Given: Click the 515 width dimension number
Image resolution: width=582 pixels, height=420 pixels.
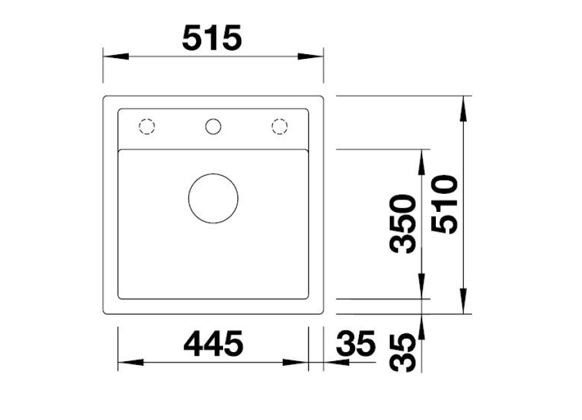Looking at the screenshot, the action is [212, 38].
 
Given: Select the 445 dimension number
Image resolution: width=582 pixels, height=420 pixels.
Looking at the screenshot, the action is [213, 343].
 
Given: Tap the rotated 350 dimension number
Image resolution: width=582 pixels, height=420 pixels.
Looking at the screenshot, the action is [402, 224].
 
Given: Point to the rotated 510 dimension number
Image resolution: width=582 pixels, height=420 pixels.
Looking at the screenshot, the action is [445, 204].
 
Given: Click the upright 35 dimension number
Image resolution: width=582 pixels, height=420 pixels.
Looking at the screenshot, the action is [356, 343].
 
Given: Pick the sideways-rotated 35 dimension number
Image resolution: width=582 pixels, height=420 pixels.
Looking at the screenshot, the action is [402, 352].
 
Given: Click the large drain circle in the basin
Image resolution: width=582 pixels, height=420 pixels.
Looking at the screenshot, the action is [213, 198].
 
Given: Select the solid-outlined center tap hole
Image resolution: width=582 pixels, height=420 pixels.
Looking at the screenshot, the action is [213, 127].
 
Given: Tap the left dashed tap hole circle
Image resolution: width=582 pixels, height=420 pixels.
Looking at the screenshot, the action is [147, 127].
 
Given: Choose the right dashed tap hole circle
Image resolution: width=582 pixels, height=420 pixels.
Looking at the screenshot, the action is [279, 127].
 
